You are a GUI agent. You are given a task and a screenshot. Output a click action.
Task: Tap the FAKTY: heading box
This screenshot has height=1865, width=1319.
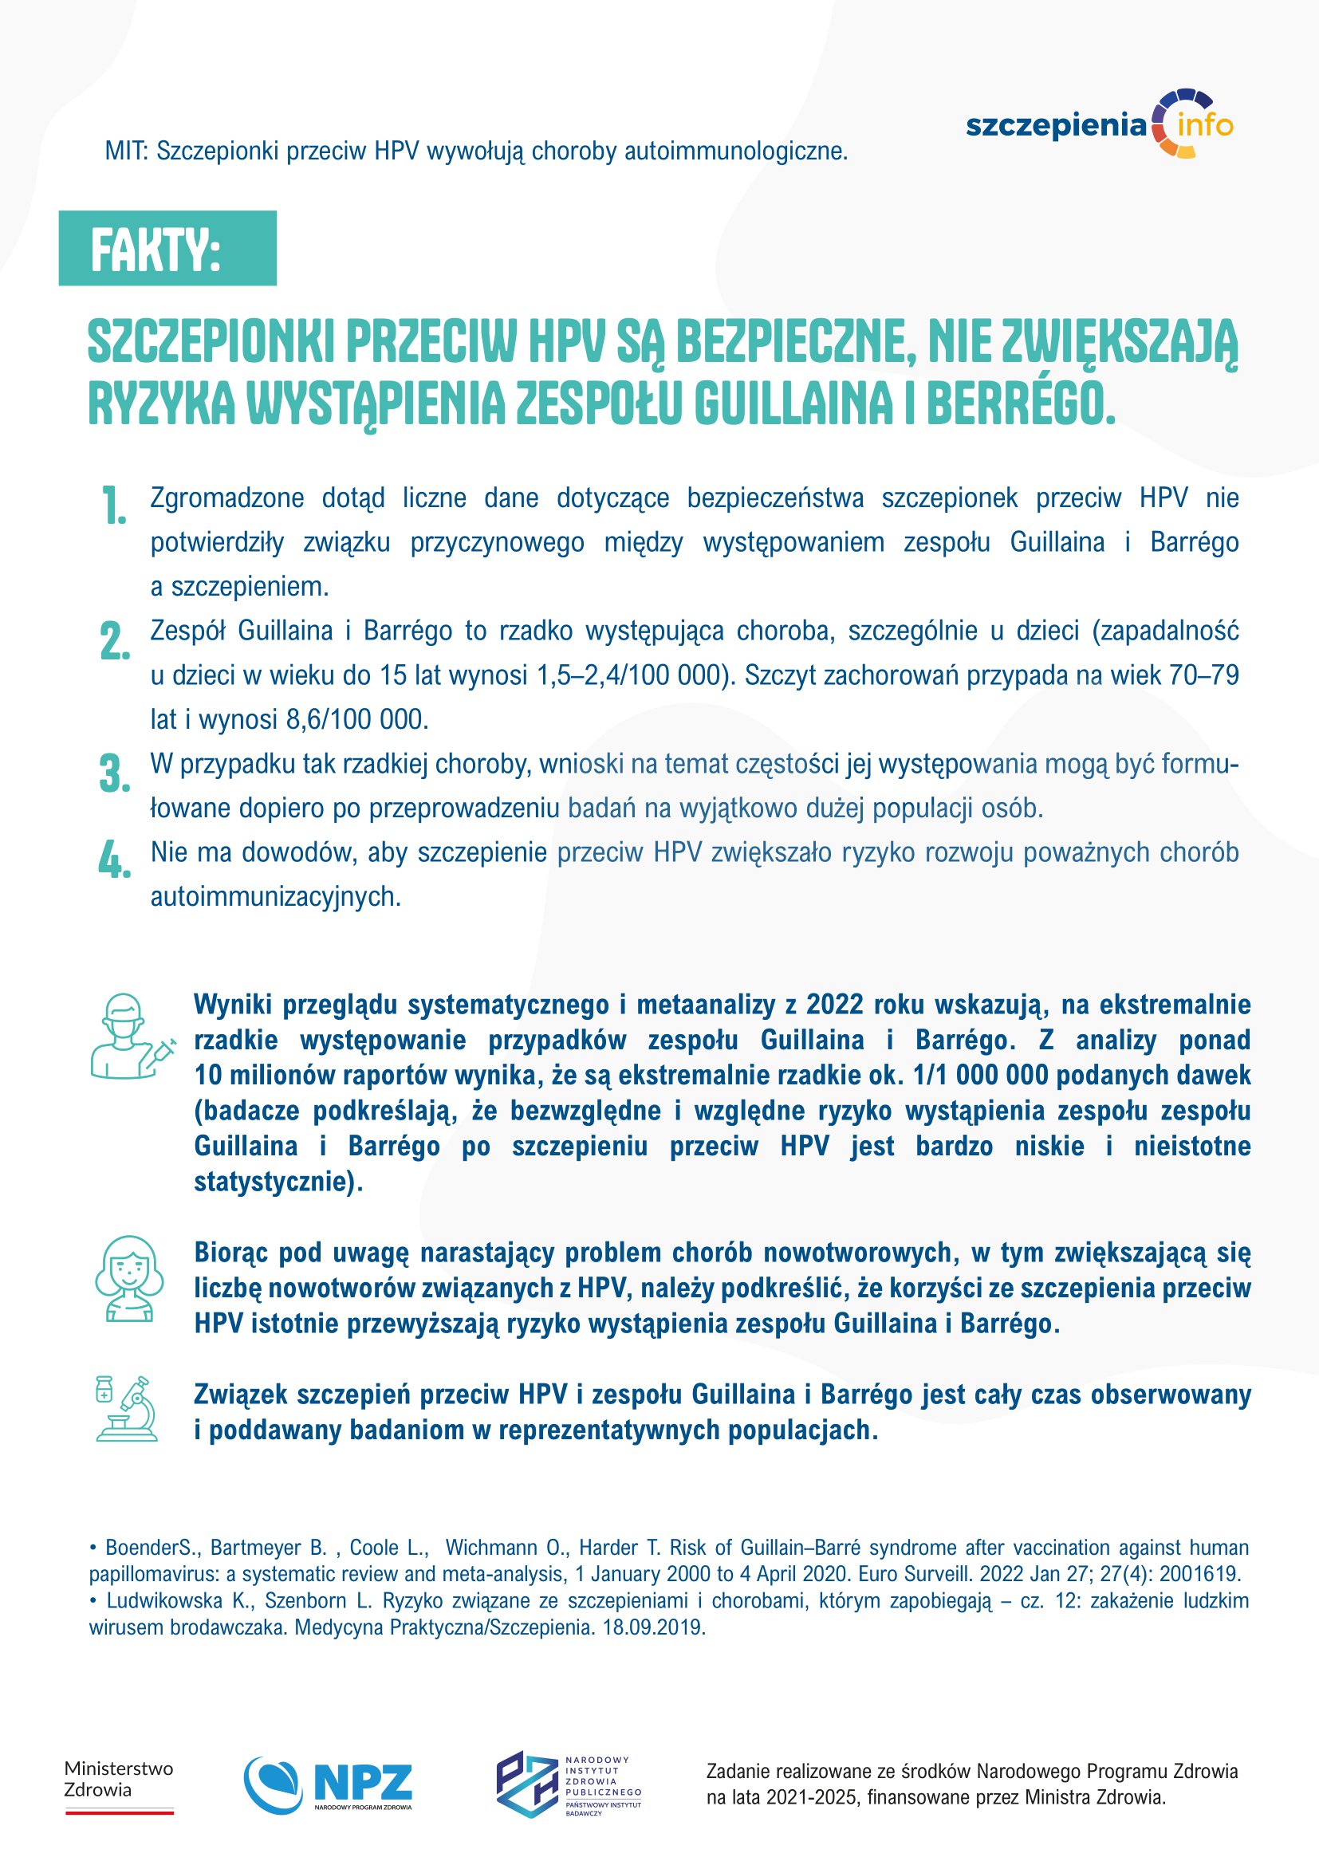(167, 248)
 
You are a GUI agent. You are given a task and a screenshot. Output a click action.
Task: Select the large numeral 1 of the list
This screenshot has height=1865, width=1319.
(115, 506)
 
